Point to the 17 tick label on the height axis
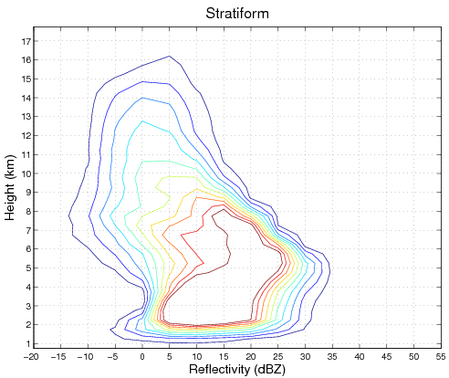(26, 41)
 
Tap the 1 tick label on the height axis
(27, 343)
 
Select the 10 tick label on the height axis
(26, 173)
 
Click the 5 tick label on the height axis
(27, 268)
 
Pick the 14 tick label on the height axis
(26, 98)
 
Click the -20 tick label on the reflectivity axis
(32, 356)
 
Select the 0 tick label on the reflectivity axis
(142, 356)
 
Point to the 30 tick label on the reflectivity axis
(306, 356)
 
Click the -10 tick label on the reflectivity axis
(87, 356)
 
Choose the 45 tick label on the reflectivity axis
(387, 356)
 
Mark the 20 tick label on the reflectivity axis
(251, 356)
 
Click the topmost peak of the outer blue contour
(170, 57)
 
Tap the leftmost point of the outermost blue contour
(69, 215)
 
